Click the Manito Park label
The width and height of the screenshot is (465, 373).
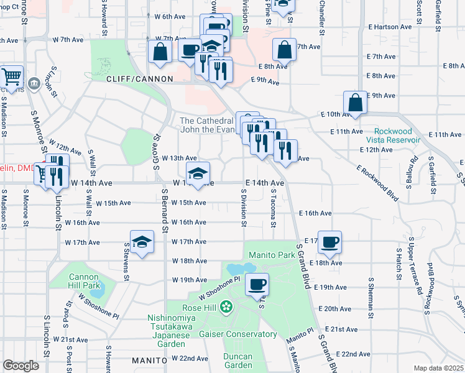[270, 255]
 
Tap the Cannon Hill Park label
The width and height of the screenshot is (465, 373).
[84, 281]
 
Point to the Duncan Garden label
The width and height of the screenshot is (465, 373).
[238, 361]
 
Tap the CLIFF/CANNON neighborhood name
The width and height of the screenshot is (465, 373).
[130, 80]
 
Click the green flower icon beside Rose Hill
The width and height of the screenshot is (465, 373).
[226, 307]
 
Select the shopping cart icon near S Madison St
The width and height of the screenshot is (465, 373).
[11, 76]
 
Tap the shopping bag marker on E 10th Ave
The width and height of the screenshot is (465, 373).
[354, 103]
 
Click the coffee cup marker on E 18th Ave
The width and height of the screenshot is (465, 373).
[329, 242]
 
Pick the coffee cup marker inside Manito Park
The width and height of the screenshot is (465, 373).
[256, 285]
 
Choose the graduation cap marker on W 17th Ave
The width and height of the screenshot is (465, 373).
[142, 242]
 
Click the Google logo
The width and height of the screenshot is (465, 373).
[21, 366]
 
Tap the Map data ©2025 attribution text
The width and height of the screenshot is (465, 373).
[438, 368]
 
